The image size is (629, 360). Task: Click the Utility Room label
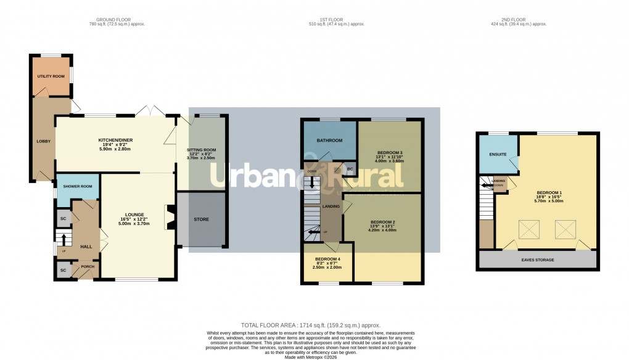pyautogui.click(x=51, y=76)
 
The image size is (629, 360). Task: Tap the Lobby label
pyautogui.click(x=44, y=141)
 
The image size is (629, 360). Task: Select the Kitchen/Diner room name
pyautogui.click(x=116, y=141)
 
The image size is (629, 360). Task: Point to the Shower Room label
pyautogui.click(x=76, y=187)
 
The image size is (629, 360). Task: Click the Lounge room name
pyautogui.click(x=133, y=215)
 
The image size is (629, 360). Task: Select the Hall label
pyautogui.click(x=86, y=246)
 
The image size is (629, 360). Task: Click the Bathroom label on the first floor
pyautogui.click(x=329, y=141)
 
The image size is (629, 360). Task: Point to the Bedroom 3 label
pyautogui.click(x=390, y=152)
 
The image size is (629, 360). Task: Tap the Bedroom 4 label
pyautogui.click(x=327, y=259)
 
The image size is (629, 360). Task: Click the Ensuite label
pyautogui.click(x=498, y=154)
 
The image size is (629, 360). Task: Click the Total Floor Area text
pyautogui.click(x=310, y=325)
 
